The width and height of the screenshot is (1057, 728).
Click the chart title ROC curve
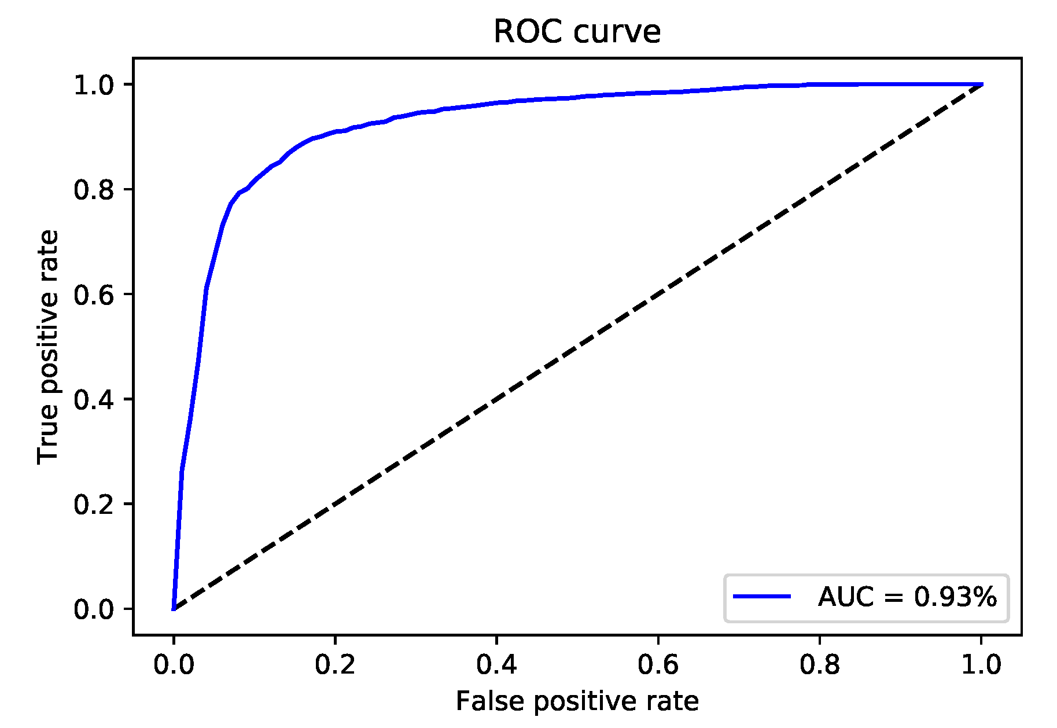point(577,32)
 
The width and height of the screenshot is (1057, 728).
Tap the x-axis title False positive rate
point(577,701)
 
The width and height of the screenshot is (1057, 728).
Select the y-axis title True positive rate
point(48,347)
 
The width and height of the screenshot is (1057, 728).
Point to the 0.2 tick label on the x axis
point(335,665)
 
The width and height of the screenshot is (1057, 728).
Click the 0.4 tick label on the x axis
point(496,665)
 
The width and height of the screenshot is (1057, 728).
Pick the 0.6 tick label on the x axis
point(658,665)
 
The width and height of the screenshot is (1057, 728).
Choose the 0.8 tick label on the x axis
point(819,665)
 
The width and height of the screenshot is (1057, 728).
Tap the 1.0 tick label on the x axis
point(981,665)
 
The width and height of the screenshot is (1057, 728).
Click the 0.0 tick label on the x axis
point(174,665)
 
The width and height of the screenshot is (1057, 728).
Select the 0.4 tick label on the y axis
point(94,400)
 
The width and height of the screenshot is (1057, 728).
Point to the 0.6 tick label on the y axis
point(94,295)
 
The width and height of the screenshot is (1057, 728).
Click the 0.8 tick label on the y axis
point(94,190)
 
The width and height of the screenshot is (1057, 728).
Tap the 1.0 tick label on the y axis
point(94,86)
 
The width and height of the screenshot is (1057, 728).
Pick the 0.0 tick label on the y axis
point(94,609)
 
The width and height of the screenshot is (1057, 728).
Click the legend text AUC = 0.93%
point(907,597)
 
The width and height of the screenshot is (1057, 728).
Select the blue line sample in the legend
point(762,597)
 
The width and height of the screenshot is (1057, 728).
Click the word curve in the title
point(617,32)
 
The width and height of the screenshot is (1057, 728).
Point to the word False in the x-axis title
point(491,701)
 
